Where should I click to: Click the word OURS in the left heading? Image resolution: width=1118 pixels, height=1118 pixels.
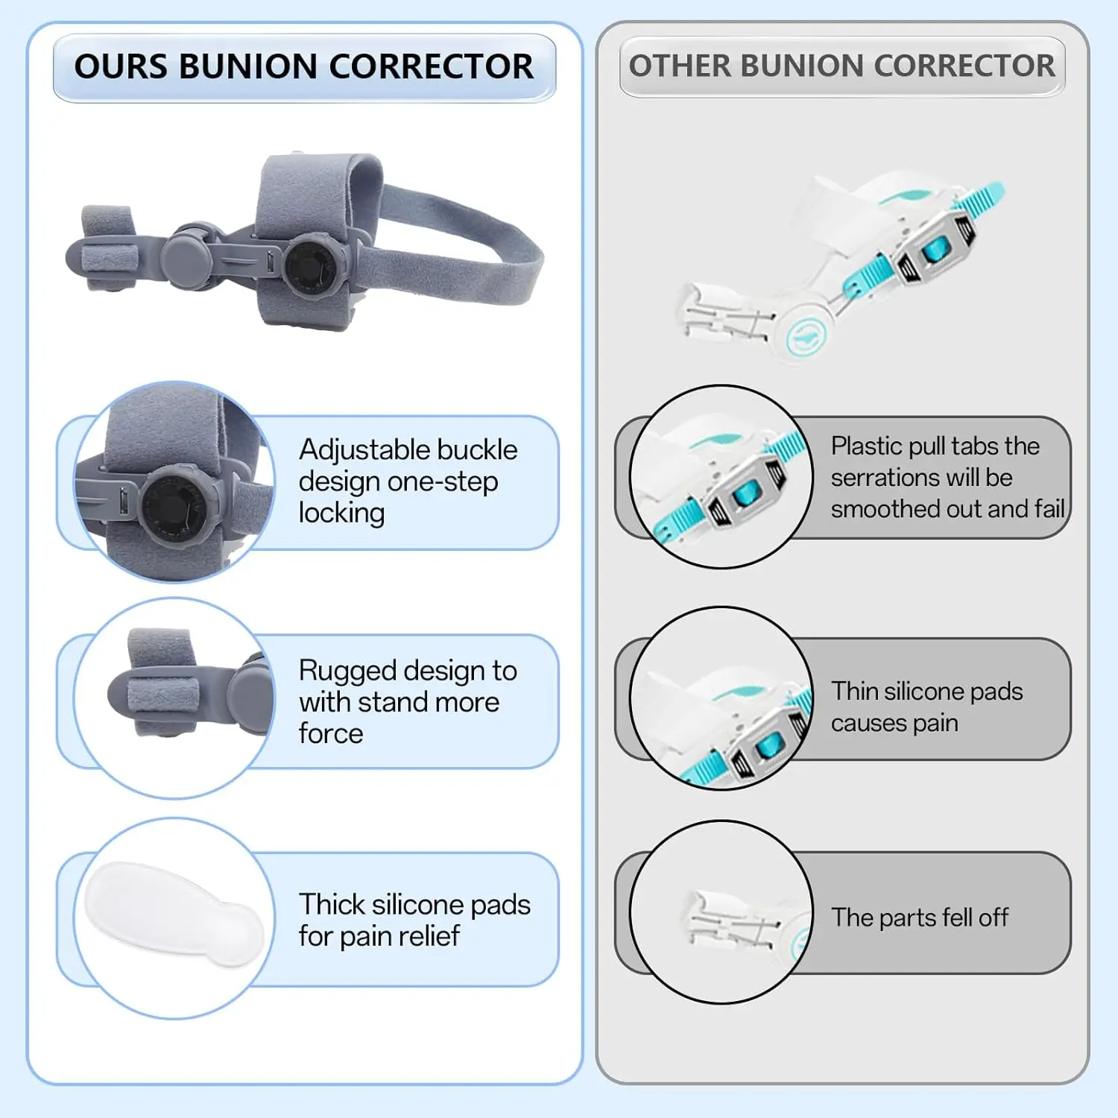[x=121, y=66]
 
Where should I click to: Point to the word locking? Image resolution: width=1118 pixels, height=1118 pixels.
[x=341, y=513]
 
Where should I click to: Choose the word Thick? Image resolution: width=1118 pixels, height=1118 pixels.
[x=332, y=905]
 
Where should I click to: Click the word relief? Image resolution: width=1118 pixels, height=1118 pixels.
[x=424, y=936]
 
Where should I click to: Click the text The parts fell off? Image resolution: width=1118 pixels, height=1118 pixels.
[x=920, y=917]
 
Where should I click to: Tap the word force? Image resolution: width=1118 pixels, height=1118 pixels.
[x=331, y=733]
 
